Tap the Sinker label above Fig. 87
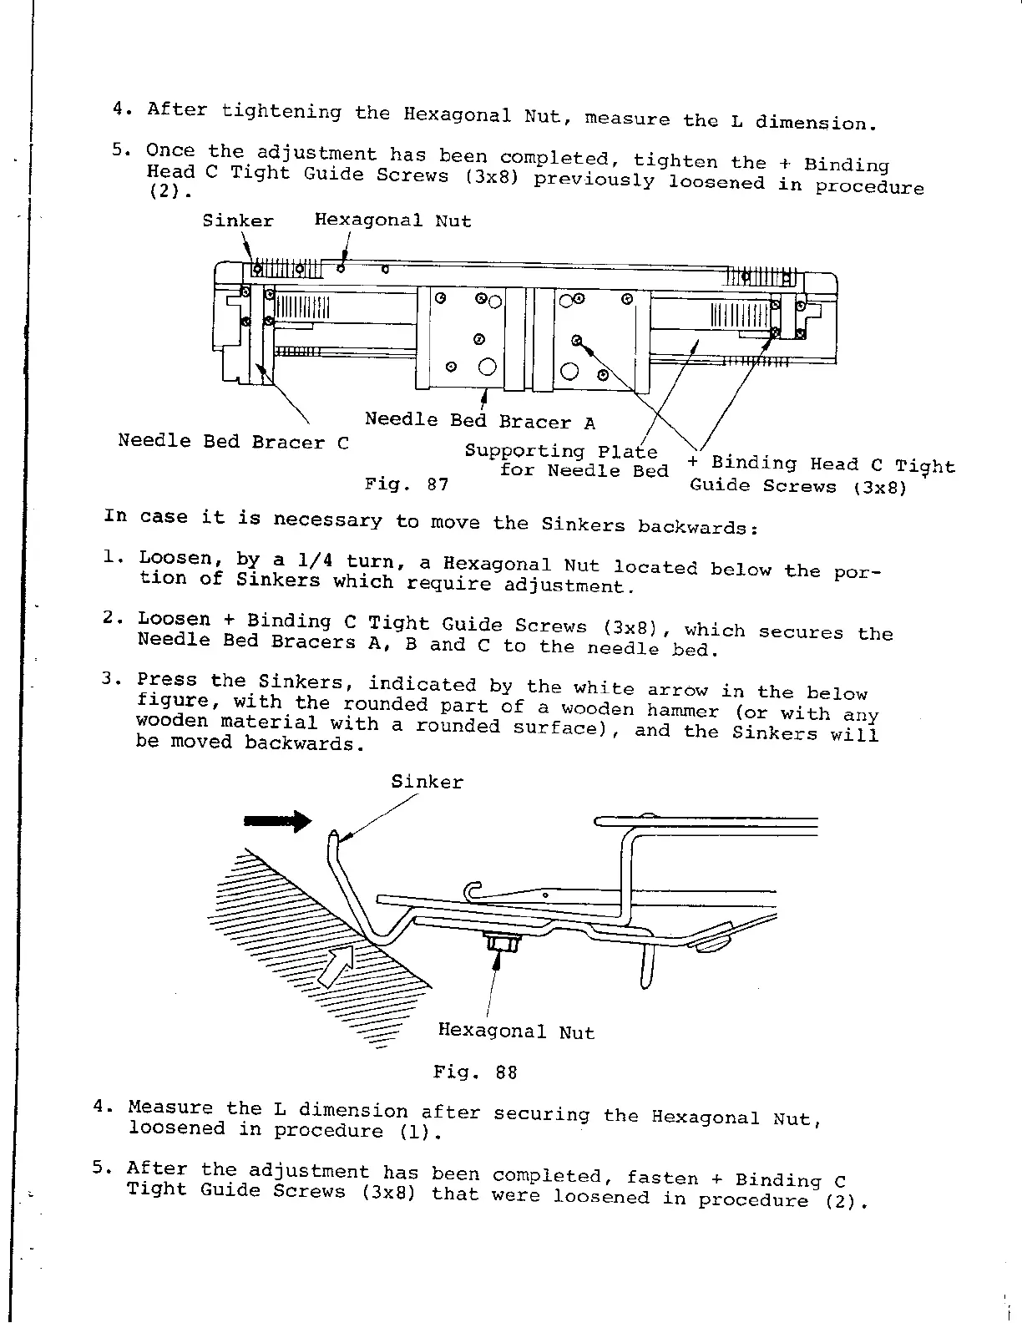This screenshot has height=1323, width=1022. (x=238, y=221)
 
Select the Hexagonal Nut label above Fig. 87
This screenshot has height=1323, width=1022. (x=392, y=221)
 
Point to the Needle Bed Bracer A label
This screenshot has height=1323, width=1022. (x=480, y=421)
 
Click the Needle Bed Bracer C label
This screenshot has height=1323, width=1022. (x=233, y=441)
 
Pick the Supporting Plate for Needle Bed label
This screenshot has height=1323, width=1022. (x=567, y=461)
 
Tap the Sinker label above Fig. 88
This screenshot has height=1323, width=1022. (x=427, y=782)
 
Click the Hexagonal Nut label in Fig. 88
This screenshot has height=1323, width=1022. (x=516, y=1032)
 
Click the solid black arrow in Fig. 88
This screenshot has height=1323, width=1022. (x=276, y=822)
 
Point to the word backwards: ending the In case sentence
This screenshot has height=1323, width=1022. (x=697, y=527)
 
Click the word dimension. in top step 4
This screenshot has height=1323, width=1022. (x=816, y=124)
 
